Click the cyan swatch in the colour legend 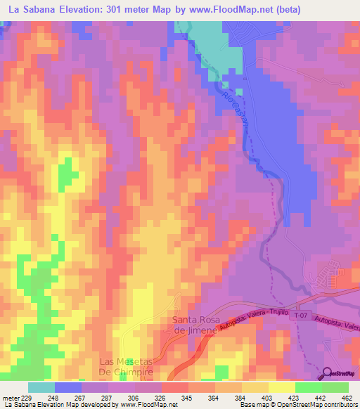pos(41,388)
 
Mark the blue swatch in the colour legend pos(68,388)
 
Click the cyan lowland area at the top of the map pos(214,39)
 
